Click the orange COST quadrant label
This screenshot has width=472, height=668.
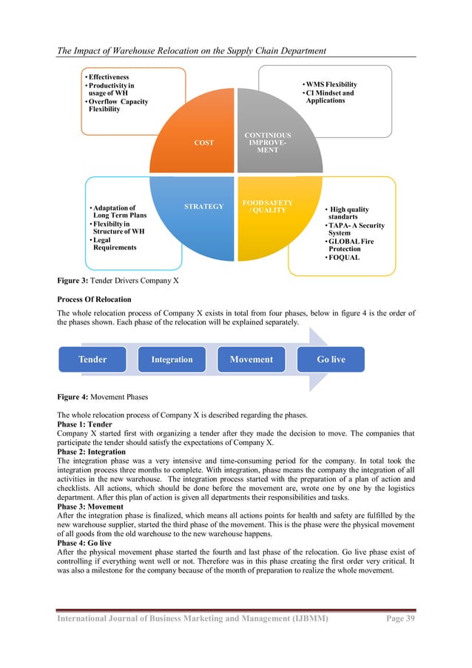pyautogui.click(x=204, y=143)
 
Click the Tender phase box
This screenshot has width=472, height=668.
pyautogui.click(x=92, y=359)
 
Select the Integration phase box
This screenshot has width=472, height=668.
pyautogui.click(x=172, y=360)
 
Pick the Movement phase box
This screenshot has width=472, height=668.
pyautogui.click(x=252, y=359)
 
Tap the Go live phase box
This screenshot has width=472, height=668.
pyautogui.click(x=330, y=359)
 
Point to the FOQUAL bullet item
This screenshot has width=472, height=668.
pyautogui.click(x=345, y=258)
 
